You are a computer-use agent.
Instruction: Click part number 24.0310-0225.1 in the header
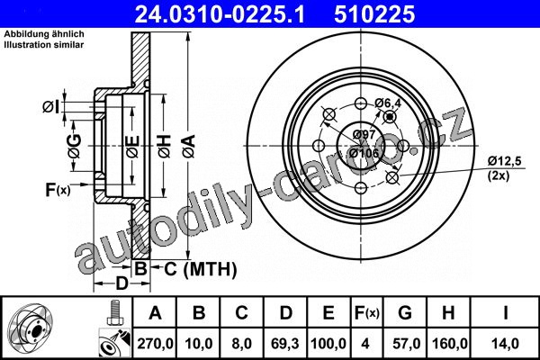(x=220, y=14)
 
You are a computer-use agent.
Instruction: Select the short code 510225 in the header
(x=374, y=14)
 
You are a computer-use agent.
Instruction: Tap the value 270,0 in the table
(x=155, y=344)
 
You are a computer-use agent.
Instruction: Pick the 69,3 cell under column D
(x=284, y=344)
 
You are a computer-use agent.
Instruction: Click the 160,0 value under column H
(x=449, y=344)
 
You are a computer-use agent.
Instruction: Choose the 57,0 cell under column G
(x=406, y=344)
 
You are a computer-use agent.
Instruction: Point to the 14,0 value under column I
(x=505, y=344)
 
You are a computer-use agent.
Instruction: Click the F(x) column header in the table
(x=366, y=313)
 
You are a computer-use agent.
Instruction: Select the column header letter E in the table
(x=328, y=313)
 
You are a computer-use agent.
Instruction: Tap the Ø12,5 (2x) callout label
(x=504, y=168)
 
